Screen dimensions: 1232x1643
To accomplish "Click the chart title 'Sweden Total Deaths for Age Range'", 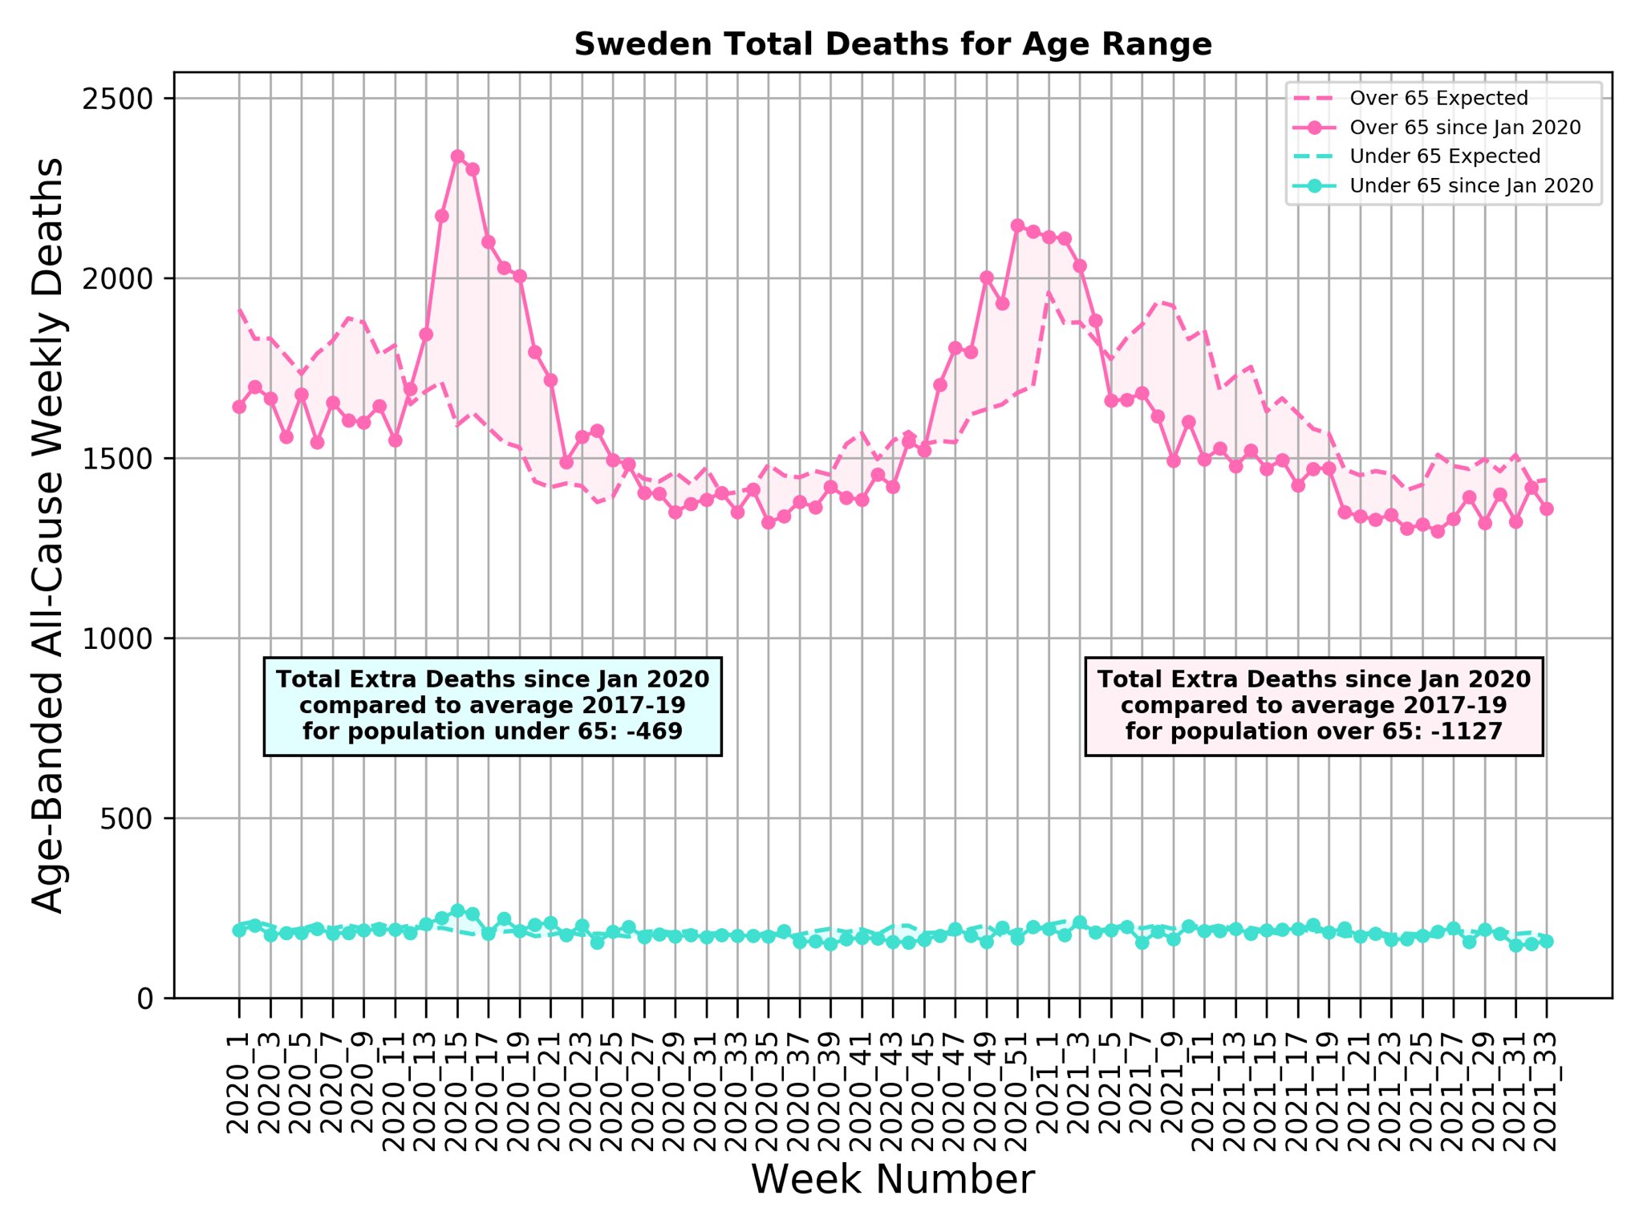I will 892,44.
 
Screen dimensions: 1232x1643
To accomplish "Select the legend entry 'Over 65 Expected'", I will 1438,98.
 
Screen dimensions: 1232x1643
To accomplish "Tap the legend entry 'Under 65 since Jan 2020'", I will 1471,185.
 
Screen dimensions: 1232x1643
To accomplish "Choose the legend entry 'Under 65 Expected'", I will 1445,156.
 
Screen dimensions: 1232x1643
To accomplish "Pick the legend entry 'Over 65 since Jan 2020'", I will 1465,128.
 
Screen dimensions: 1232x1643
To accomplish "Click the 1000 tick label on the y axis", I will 117,638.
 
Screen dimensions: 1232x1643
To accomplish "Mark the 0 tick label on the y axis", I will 145,999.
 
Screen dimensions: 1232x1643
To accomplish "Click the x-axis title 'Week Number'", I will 892,1180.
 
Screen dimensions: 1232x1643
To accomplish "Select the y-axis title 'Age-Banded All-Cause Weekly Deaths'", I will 49,535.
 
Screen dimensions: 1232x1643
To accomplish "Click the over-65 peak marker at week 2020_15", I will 457,156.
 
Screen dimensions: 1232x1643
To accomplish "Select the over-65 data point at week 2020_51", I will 1017,225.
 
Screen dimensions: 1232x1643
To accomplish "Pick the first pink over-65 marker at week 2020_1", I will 239,407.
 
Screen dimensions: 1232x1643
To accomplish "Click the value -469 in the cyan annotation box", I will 656,731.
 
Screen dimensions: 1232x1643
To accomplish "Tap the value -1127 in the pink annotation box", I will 1470,731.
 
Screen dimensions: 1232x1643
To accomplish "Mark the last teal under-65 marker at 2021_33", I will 1547,942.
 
